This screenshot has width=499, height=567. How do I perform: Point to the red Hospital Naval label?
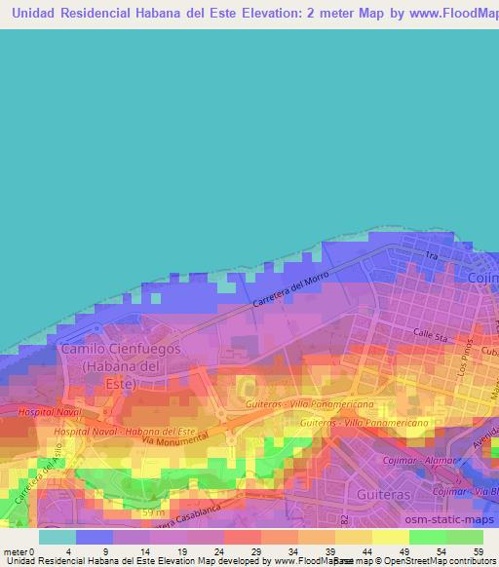[x=51, y=413]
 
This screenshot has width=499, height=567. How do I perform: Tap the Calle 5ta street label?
[x=429, y=334]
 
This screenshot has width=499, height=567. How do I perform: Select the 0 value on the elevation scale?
[x=31, y=550]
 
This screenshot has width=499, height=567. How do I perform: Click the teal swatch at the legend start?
[x=58, y=537]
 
